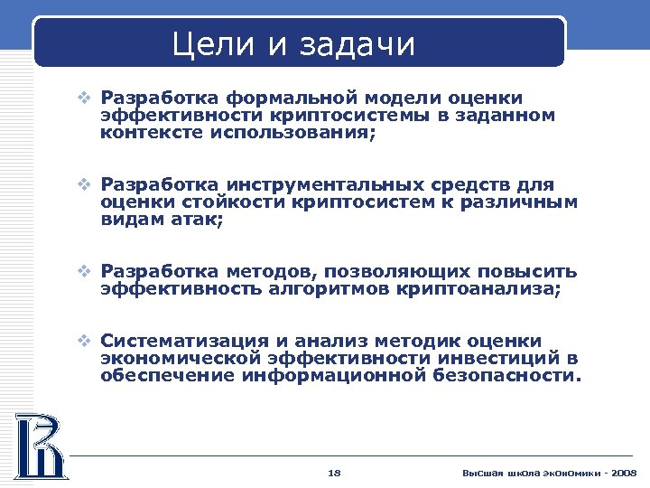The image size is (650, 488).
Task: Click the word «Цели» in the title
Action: point(214,43)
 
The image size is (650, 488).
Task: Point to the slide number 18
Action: point(334,473)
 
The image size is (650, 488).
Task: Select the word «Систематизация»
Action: point(185,342)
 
